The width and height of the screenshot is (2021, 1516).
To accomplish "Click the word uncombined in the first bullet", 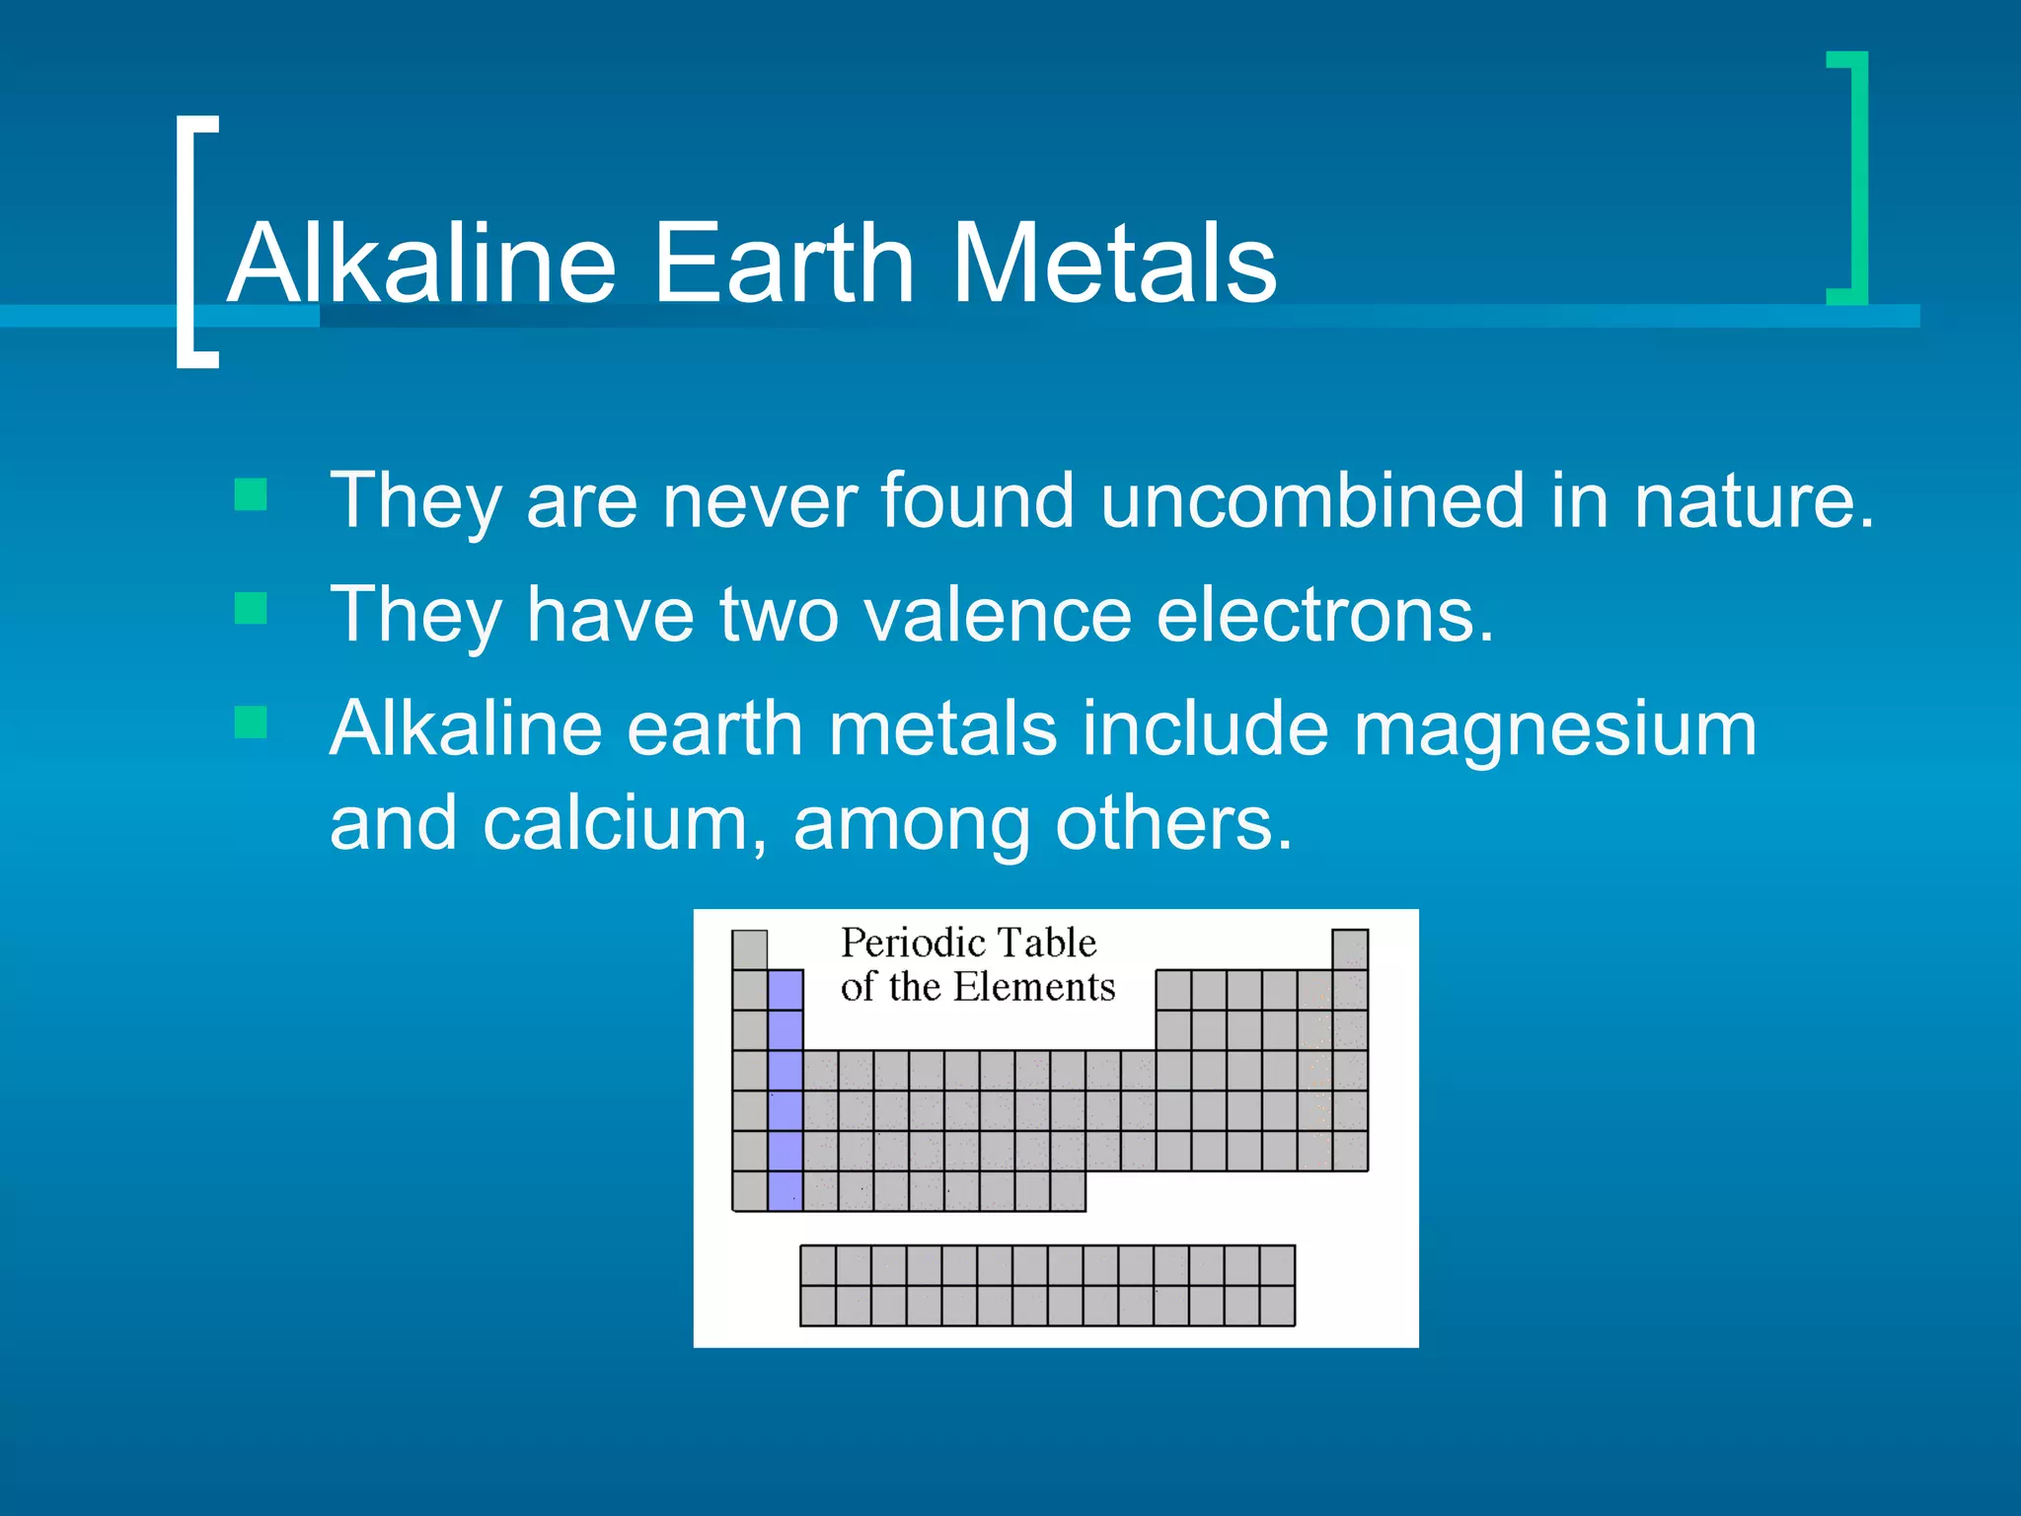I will (1312, 500).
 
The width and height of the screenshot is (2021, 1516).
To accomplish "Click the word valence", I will (997, 615).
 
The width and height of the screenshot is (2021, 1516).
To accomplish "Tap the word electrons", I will (1324, 615).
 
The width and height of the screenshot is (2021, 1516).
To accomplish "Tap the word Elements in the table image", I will (1033, 986).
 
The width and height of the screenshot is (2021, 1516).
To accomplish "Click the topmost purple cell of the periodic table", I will (785, 989).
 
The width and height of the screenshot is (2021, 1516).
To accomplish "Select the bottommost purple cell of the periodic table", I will (785, 1190).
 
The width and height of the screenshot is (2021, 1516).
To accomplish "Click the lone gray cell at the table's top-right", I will (1350, 949).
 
